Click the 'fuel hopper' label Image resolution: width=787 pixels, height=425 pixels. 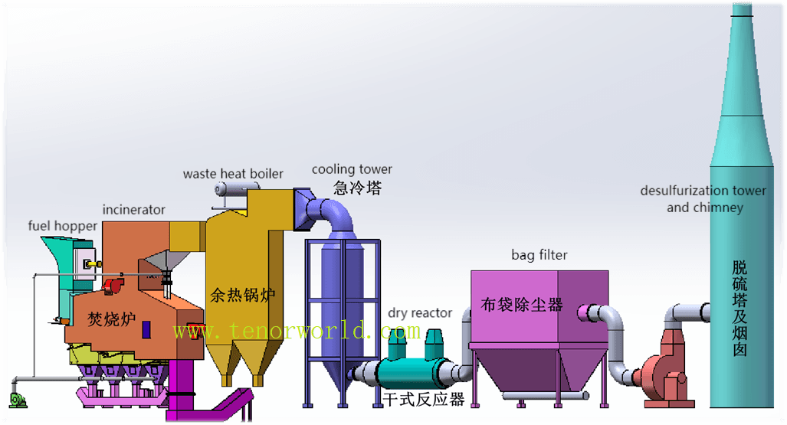63,226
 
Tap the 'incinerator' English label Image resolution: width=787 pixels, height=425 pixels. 134,209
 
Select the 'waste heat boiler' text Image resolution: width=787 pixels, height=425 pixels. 233,174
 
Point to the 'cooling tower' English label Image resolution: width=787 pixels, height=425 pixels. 352,169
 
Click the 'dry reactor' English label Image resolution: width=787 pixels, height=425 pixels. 420,312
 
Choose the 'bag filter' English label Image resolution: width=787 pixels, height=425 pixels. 539,254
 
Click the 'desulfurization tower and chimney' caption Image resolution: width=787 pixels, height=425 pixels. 703,199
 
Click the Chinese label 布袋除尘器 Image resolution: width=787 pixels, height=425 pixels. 522,304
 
